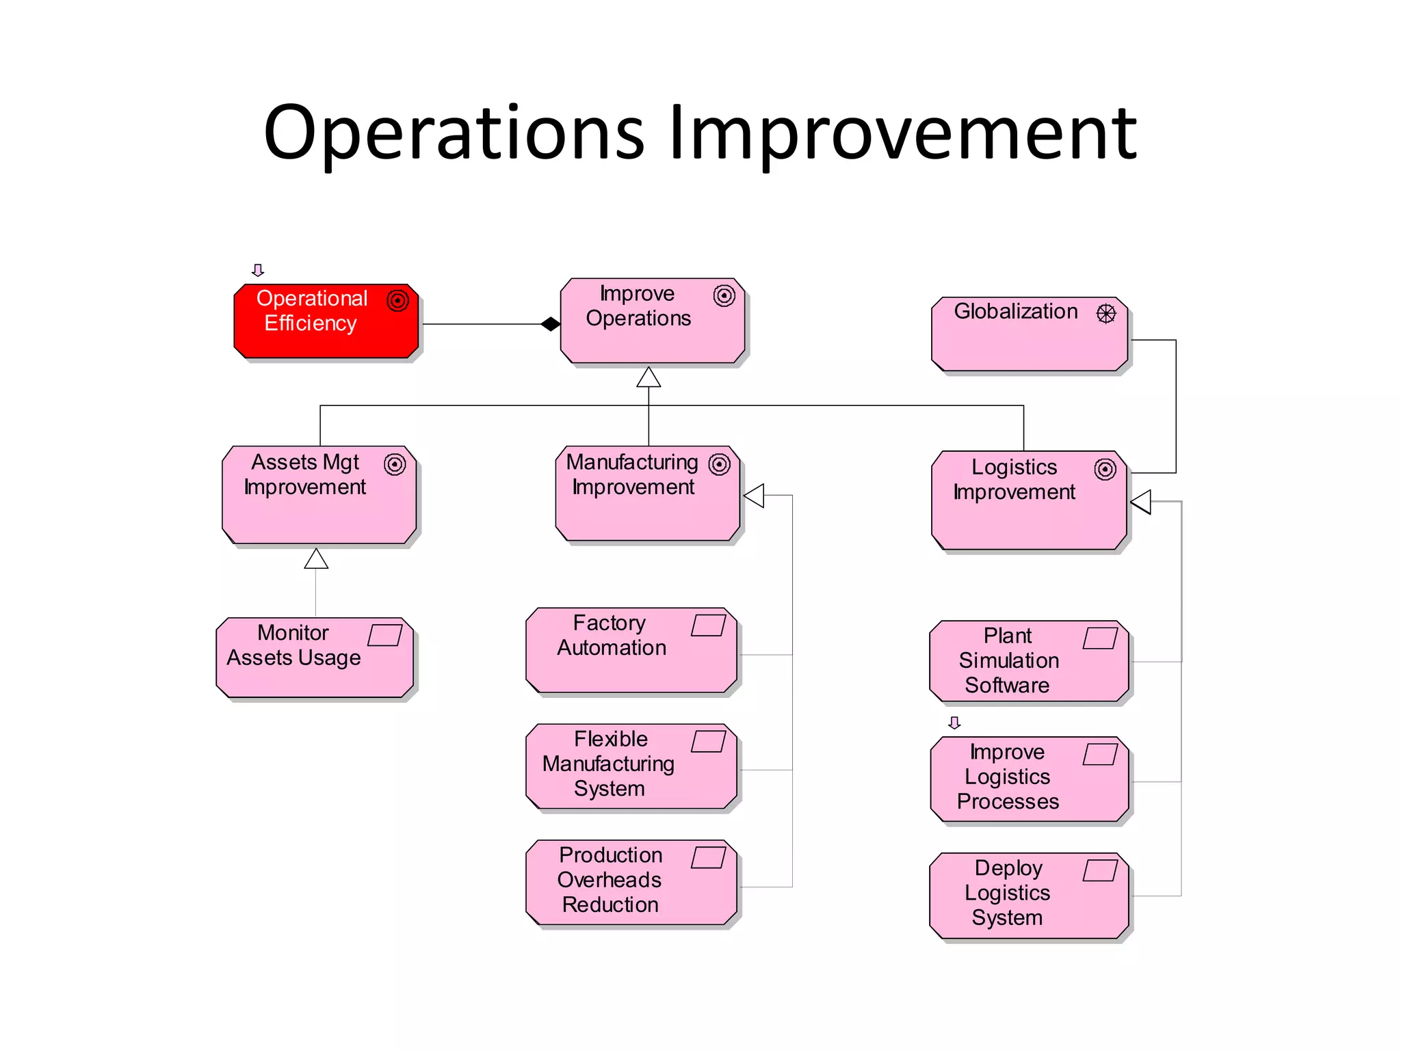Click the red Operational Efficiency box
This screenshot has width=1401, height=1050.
click(326, 321)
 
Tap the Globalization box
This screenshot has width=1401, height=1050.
click(1029, 334)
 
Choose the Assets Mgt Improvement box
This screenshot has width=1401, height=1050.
click(319, 495)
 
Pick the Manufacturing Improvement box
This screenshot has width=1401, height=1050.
click(647, 493)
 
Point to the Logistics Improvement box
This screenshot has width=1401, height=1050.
click(1028, 500)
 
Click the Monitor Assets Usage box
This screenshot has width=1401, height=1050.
click(315, 657)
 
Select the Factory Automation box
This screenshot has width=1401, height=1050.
click(631, 649)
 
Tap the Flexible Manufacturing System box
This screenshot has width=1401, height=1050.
click(631, 766)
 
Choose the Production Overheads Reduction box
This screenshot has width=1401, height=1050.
click(631, 882)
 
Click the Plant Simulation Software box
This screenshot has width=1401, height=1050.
click(1028, 660)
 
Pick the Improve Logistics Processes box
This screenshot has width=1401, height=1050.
click(1028, 779)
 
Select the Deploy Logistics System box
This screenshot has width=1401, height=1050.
click(1028, 895)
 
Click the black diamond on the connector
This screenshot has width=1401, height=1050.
click(550, 324)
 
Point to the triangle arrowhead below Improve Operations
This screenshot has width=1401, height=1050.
click(649, 377)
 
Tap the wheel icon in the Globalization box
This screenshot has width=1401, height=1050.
click(1105, 314)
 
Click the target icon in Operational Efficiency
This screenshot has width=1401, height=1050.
click(397, 300)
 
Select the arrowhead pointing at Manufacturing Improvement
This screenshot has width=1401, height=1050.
click(754, 496)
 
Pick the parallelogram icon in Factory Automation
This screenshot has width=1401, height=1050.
click(708, 625)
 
